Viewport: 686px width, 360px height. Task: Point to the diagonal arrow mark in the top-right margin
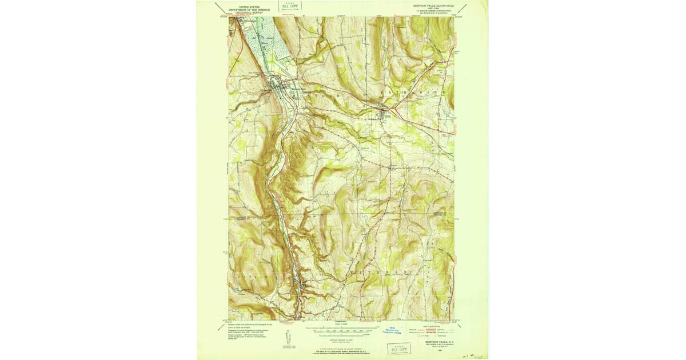click(x=465, y=7)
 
